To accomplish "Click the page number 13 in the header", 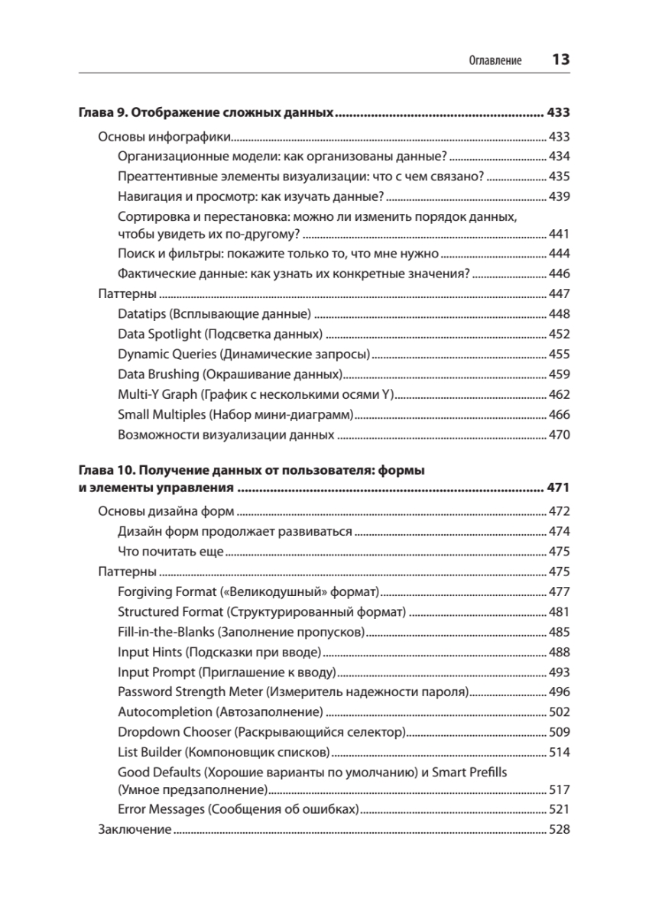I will click(560, 60).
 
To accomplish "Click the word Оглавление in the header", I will click(495, 60).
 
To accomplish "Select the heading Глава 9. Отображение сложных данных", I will click(207, 113).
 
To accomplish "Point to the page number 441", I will click(560, 234).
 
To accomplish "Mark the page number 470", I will click(560, 435).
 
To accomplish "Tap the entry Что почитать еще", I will click(170, 551).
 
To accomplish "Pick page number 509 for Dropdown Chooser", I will click(560, 732).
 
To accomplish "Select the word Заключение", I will click(135, 829).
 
